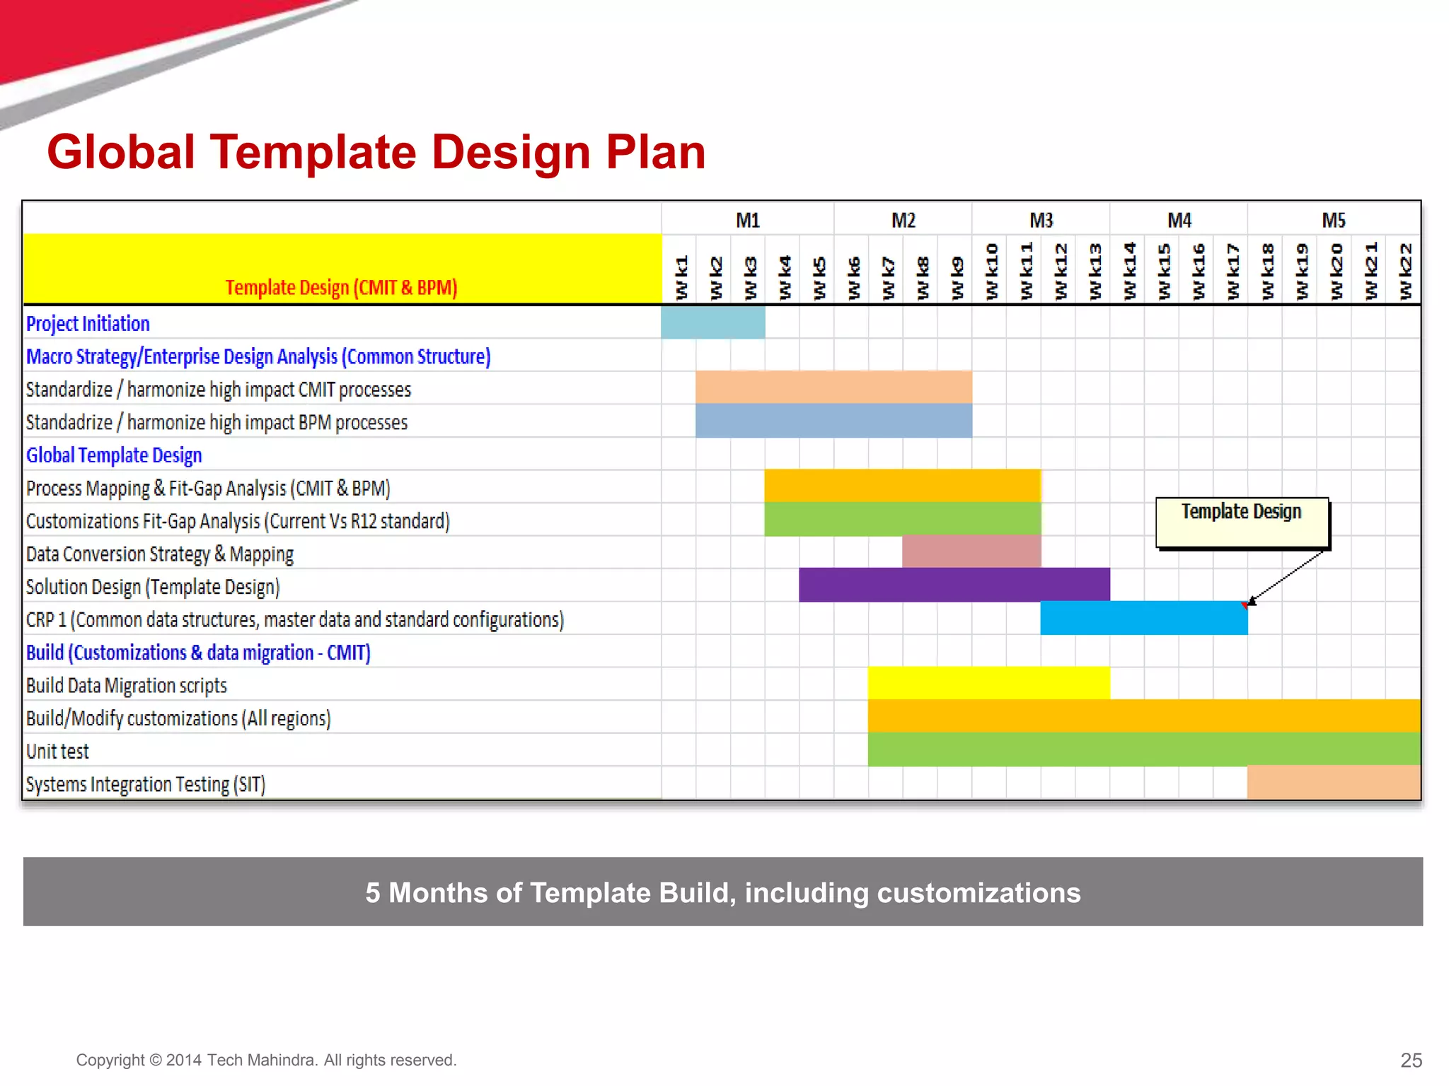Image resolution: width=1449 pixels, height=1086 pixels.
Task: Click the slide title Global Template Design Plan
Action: pos(376,152)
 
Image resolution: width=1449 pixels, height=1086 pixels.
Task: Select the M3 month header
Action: pos(1041,220)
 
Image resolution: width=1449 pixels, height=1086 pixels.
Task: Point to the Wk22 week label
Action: pos(1404,271)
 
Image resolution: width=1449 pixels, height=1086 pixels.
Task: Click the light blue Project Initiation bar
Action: pos(712,322)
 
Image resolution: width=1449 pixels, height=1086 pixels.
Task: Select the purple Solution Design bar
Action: pos(954,585)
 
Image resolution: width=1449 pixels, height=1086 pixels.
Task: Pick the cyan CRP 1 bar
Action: pos(1143,618)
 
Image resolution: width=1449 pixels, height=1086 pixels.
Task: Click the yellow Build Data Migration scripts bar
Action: pos(988,683)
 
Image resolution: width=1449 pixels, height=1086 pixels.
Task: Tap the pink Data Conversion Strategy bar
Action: pos(971,551)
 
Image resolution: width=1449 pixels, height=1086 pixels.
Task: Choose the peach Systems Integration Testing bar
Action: pos(1333,783)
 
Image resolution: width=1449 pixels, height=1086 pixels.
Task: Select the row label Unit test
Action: pos(57,751)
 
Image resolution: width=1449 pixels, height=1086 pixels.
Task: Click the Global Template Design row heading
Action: pos(114,455)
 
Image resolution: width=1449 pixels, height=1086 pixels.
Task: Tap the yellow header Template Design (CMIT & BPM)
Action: pos(342,287)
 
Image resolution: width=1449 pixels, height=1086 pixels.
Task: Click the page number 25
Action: pos(1411,1060)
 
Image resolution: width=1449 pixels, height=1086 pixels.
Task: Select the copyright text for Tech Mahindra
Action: pos(266,1060)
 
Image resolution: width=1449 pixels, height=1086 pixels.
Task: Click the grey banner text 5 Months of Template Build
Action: pos(722,892)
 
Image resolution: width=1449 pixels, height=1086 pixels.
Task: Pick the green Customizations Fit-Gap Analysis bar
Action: pos(902,519)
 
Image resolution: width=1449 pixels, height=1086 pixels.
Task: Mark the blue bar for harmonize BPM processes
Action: pos(833,421)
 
